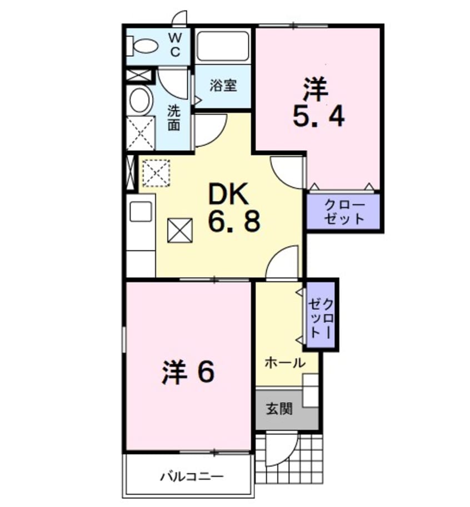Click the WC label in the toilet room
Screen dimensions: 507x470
point(174,45)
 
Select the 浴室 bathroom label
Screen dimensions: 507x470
point(223,86)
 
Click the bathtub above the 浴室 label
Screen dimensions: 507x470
point(223,48)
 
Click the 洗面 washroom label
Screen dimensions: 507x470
point(174,117)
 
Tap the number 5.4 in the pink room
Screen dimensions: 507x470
point(318,116)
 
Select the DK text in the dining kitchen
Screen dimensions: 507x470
point(230,195)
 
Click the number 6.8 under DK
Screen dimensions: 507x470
point(234,222)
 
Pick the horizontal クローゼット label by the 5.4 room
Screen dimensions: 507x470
point(344,211)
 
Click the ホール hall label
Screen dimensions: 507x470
point(284,363)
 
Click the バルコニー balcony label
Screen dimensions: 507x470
point(192,476)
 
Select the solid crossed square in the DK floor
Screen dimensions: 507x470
point(180,230)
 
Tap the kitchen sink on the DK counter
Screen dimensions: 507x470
point(141,212)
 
